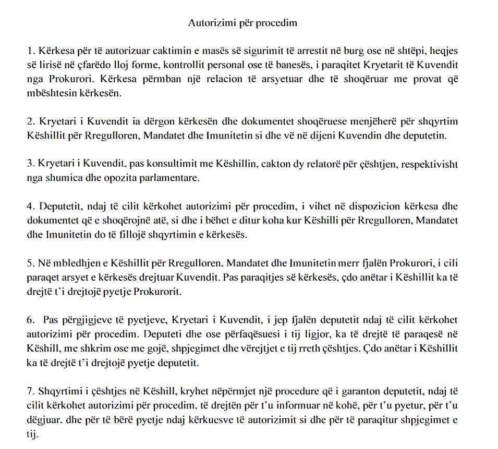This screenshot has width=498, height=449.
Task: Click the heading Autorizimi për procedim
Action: [x=242, y=23]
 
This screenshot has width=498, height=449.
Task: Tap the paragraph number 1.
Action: [x=31, y=52]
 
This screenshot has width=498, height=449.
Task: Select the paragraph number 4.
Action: [x=31, y=207]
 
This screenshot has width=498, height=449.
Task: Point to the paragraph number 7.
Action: [x=31, y=391]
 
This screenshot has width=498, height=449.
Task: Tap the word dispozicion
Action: [x=315, y=207]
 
